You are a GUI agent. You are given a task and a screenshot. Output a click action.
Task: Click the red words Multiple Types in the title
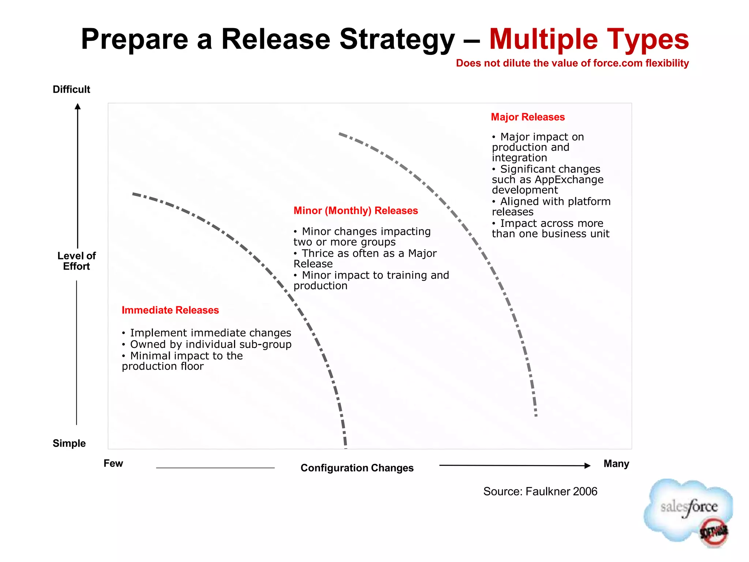click(x=589, y=39)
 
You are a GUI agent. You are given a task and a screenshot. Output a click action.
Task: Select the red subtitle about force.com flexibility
click(x=572, y=63)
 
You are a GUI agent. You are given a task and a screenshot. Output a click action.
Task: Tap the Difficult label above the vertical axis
click(x=71, y=89)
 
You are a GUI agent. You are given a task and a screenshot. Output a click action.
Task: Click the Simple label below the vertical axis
click(x=69, y=443)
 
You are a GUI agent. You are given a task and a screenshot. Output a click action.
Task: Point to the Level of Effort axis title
click(x=76, y=261)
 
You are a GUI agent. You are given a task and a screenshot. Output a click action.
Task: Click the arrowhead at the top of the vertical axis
click(x=78, y=106)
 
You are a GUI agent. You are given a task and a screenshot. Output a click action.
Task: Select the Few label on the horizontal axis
click(x=113, y=463)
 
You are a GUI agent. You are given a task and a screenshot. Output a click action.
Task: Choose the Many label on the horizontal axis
click(x=616, y=464)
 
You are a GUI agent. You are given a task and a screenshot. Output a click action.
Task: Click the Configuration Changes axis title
click(x=357, y=468)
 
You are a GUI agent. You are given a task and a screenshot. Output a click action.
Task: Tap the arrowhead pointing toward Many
click(x=587, y=465)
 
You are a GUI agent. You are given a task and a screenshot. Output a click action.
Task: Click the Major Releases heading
click(x=528, y=117)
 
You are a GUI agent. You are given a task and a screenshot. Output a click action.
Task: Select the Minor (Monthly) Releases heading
click(x=355, y=211)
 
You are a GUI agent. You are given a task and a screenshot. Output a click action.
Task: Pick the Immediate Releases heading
click(x=170, y=310)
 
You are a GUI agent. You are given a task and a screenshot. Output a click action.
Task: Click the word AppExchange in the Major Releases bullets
click(x=569, y=180)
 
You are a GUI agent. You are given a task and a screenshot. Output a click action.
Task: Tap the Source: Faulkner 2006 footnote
click(x=540, y=491)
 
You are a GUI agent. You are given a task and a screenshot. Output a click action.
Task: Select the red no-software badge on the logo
click(x=714, y=532)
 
